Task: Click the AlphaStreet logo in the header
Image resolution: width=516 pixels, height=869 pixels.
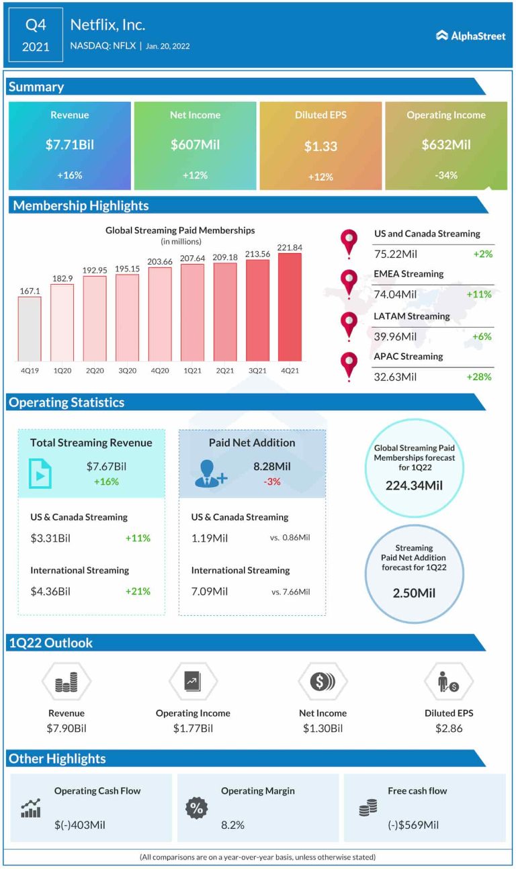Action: coord(470,36)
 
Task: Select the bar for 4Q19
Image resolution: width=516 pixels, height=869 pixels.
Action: coord(30,328)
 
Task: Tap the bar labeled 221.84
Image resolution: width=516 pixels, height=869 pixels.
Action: coord(290,306)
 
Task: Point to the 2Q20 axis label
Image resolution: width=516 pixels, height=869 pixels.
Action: coord(95,370)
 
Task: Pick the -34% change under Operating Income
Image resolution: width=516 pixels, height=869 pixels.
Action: coord(445,175)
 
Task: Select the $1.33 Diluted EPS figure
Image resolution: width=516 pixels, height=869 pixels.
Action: coord(320,146)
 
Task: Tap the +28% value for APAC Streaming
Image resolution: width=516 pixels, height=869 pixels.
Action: coord(479,377)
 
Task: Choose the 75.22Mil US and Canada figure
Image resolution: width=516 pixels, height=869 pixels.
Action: coord(395,254)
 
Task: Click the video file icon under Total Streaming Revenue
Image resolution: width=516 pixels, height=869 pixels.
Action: coord(40,473)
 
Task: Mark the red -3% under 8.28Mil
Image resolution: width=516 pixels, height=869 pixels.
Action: coord(272,482)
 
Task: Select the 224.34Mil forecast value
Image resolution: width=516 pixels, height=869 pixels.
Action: coord(415,486)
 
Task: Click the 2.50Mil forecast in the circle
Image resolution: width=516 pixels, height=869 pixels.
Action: coord(415,594)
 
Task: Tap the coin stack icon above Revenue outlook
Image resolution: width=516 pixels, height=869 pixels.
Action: coord(67,682)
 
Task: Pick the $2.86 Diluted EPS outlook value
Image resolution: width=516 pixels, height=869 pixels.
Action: coord(448,728)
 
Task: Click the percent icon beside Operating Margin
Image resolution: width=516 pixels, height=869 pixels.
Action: coord(196,809)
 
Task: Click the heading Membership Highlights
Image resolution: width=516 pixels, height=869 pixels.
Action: coord(81,205)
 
